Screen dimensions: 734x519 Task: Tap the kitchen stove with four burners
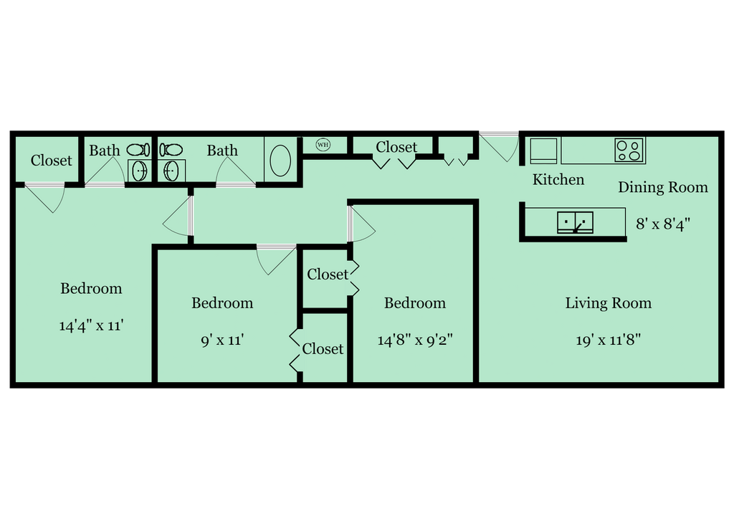click(x=629, y=151)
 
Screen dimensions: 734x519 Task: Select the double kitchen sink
click(x=576, y=222)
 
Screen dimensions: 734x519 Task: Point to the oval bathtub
click(x=280, y=161)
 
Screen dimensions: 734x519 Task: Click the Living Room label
click(x=608, y=303)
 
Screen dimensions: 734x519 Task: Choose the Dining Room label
click(x=663, y=187)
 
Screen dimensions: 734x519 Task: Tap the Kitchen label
click(x=558, y=179)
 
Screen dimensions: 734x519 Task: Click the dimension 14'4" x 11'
click(x=91, y=325)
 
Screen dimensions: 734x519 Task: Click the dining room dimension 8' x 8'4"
click(x=663, y=224)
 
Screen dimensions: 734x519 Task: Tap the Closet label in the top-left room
click(x=52, y=161)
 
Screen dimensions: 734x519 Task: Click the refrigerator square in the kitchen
click(x=543, y=151)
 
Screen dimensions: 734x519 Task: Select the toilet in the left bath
click(x=138, y=151)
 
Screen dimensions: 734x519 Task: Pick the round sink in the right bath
click(x=171, y=171)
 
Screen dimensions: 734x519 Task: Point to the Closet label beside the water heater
click(x=396, y=147)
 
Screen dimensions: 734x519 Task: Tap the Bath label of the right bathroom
click(x=222, y=151)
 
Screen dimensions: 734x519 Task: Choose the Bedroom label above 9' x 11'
click(x=222, y=303)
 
